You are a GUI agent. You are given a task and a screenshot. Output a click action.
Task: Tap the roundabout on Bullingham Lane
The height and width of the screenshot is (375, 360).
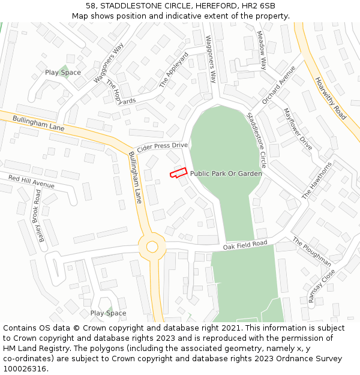pyautogui.click(x=152, y=247)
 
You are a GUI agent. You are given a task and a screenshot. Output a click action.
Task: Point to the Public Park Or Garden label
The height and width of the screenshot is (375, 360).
pyautogui.click(x=226, y=173)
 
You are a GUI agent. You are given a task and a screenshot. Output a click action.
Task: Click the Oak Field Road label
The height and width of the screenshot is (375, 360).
pyautogui.click(x=245, y=245)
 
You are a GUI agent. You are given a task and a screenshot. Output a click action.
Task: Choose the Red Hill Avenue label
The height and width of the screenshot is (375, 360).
pyautogui.click(x=31, y=182)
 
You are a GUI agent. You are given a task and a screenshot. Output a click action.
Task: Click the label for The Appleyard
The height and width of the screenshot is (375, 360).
pyautogui.click(x=174, y=70)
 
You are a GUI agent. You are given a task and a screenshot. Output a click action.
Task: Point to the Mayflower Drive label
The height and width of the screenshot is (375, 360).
pyautogui.click(x=298, y=129)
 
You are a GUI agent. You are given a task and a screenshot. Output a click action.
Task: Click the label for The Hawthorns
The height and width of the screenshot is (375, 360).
pyautogui.click(x=316, y=181)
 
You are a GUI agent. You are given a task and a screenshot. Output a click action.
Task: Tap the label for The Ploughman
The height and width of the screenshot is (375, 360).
pyautogui.click(x=311, y=251)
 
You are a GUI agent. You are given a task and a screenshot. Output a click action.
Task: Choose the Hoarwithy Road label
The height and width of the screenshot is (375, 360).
pyautogui.click(x=331, y=97)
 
